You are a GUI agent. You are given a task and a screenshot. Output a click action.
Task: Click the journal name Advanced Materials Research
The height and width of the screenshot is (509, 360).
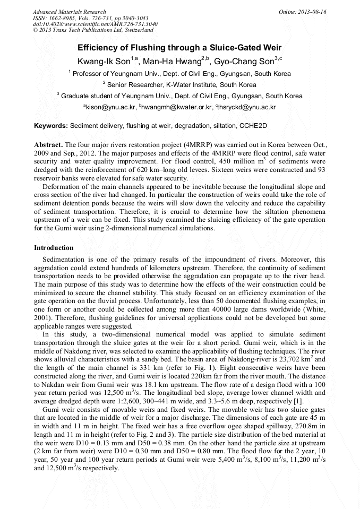(69, 12)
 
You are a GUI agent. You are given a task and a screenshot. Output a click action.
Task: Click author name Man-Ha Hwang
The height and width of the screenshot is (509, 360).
(178, 61)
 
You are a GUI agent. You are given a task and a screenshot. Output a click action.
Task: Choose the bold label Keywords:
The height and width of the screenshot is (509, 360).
(51, 126)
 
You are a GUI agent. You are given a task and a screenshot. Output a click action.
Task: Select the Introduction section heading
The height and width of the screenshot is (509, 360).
(54, 248)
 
